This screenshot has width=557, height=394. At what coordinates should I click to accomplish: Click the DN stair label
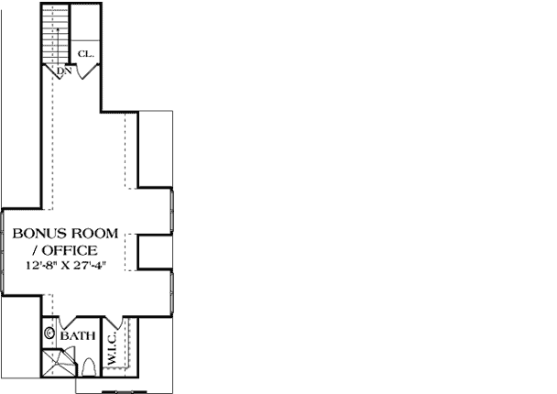click(64, 71)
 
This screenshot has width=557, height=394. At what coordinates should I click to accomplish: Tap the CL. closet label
click(85, 54)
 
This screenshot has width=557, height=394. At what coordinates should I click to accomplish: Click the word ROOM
click(96, 234)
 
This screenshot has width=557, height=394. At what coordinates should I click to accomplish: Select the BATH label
click(78, 336)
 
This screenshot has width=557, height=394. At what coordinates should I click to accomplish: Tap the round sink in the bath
click(49, 336)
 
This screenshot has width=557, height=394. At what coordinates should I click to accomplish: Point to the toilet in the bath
click(89, 366)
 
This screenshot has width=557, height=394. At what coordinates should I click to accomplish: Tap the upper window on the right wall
click(172, 210)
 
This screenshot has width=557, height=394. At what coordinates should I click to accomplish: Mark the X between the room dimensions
click(70, 265)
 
